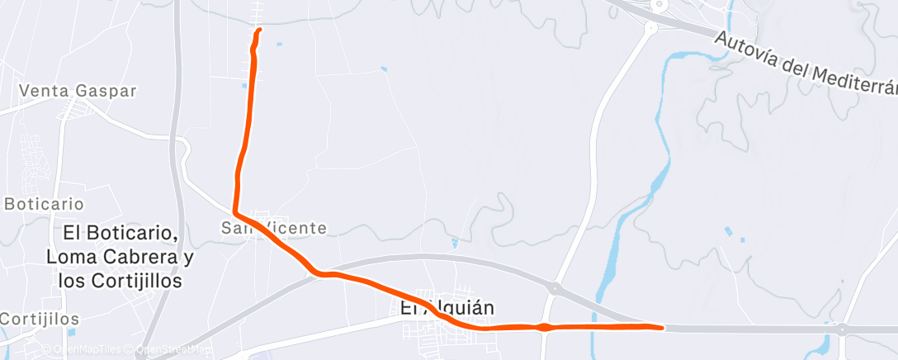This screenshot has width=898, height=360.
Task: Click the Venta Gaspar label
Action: (x=77, y=91)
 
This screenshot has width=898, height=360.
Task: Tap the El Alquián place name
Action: (x=447, y=308)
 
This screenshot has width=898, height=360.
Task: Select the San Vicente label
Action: (x=274, y=227)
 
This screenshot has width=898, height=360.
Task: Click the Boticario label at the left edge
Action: (x=43, y=203)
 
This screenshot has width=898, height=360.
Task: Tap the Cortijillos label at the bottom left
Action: (x=39, y=319)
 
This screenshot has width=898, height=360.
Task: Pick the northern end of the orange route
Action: (x=259, y=30)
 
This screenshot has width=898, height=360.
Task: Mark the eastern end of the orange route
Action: (x=662, y=328)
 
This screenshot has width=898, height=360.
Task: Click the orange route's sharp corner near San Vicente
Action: (x=237, y=211)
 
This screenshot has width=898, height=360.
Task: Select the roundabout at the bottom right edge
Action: (x=842, y=329)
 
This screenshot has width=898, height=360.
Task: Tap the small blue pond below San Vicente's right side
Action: (x=455, y=243)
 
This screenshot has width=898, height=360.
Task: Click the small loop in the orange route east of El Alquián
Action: (x=542, y=328)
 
